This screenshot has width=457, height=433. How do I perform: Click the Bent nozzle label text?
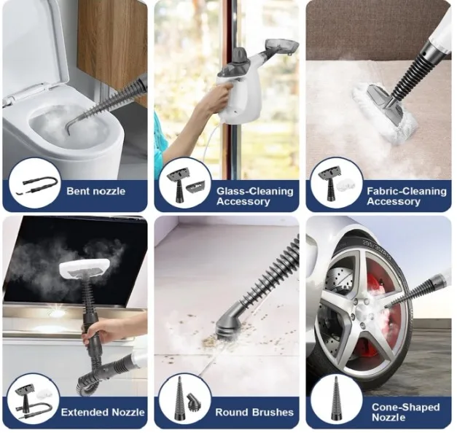point(95,192)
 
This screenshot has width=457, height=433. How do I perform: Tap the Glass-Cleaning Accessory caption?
point(254,196)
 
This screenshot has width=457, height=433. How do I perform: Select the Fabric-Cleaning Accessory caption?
point(406,196)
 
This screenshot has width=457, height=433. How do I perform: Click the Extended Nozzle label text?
point(102,412)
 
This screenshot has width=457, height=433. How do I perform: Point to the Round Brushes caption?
point(253,412)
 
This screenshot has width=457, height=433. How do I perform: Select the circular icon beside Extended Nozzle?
point(34,399)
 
